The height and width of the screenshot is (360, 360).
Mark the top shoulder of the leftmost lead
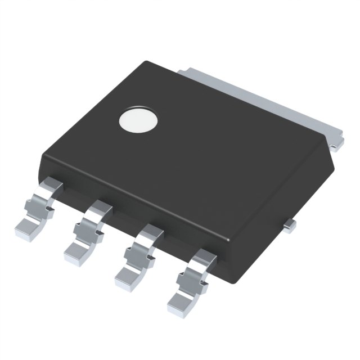pos(52,185)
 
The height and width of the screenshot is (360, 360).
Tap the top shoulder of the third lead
pos(151,232)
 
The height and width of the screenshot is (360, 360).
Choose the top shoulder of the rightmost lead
pos(204,257)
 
